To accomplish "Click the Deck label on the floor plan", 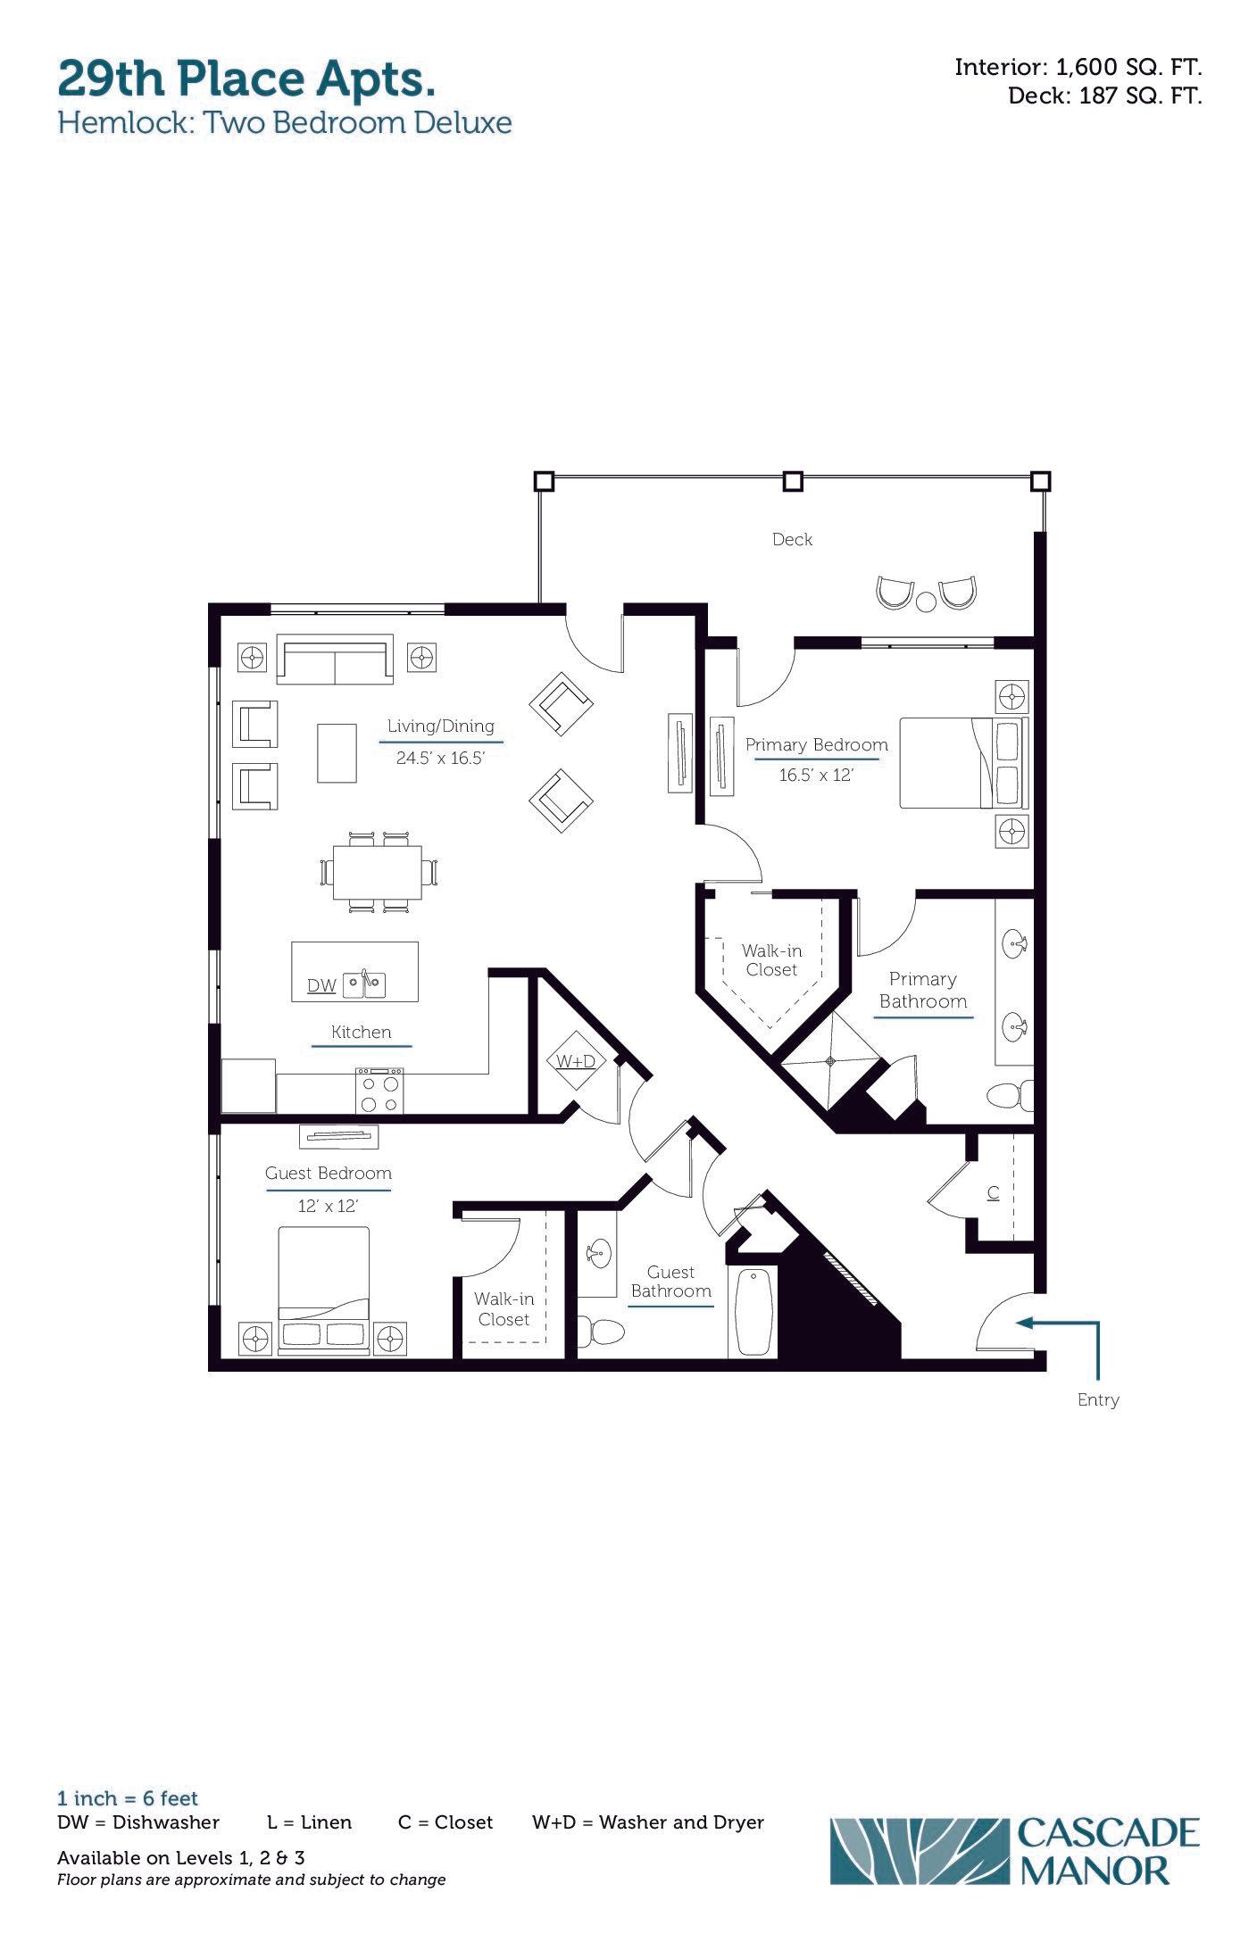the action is [x=792, y=539].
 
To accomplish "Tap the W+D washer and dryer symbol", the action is [x=576, y=1060].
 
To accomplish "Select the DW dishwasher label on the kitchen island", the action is [x=321, y=985].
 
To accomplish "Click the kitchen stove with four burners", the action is [x=379, y=1091].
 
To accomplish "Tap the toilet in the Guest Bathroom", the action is [x=600, y=1332].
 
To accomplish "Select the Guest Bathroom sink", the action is [x=597, y=1253].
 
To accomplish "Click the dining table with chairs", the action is [x=379, y=873].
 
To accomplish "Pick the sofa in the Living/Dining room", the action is [x=335, y=660].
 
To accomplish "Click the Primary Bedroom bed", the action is [x=963, y=763].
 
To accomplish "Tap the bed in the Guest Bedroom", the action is [x=323, y=1291].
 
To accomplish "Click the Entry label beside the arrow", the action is [x=1098, y=1399].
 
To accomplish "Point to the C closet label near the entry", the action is [x=993, y=1192].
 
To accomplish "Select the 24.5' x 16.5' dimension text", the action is [x=440, y=759].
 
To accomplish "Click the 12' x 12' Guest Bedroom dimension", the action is [x=328, y=1206].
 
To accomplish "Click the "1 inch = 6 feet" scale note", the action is [x=128, y=1798].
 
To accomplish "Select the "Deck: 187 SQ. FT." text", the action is [x=1105, y=95].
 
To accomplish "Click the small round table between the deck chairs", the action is [x=926, y=601].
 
